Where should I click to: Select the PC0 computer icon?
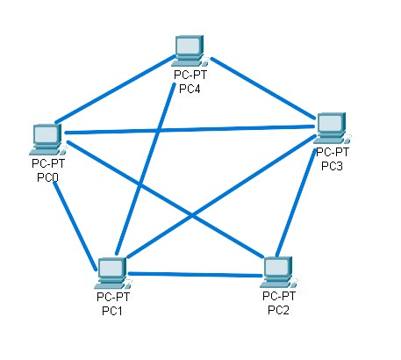46,136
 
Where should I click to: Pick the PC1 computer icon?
112,272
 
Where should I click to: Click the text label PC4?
190,88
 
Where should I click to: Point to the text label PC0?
47,177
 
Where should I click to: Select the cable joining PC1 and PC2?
195,275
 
